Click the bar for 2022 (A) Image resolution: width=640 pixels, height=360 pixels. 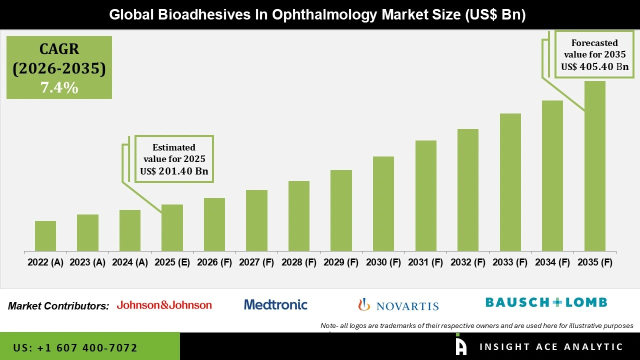(45, 236)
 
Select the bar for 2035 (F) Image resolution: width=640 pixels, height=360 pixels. (594, 166)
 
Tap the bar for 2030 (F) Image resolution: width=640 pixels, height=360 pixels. (383, 204)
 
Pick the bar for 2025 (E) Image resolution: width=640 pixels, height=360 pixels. (172, 228)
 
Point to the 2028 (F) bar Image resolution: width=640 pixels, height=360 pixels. (299, 216)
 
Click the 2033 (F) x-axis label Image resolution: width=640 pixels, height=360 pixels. (510, 262)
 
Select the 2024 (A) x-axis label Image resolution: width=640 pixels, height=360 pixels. (129, 262)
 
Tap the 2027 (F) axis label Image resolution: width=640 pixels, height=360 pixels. (256, 262)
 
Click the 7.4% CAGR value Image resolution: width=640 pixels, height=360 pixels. (59, 88)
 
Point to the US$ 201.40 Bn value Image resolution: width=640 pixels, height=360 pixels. (174, 171)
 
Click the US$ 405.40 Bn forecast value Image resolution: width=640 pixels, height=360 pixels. (594, 67)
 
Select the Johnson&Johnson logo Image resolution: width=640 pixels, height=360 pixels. (164, 305)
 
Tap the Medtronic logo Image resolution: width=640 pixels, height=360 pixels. (275, 304)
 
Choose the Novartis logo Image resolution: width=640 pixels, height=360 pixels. (398, 305)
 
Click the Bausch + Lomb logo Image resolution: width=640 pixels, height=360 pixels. (546, 302)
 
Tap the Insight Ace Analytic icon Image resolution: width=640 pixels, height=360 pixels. (461, 345)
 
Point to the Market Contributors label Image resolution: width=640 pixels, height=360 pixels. (58, 306)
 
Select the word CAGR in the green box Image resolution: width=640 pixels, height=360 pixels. (59, 49)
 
